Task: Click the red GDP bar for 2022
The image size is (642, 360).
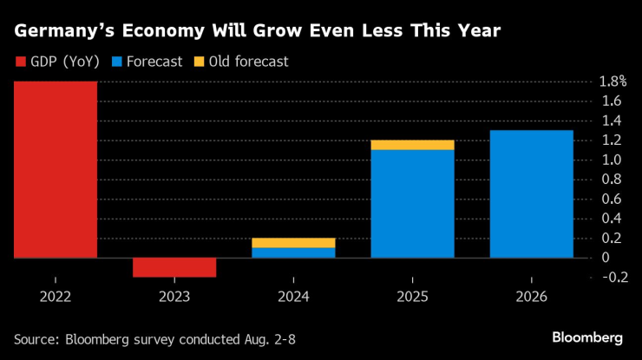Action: coord(55,169)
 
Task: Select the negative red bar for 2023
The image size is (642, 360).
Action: coord(174,267)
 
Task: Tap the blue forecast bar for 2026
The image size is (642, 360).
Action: coord(531,194)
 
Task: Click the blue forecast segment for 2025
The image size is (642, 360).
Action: coord(412,204)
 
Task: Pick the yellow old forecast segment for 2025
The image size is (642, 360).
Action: coord(412,145)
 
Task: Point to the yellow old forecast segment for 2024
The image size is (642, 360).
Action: coord(293,243)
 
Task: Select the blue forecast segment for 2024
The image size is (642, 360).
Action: coord(293,252)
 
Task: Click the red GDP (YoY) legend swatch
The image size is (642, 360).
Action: coord(20,62)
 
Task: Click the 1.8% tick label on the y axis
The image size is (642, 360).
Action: coord(613,82)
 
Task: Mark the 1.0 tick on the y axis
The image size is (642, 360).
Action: coord(610,160)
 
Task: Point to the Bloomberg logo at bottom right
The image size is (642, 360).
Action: coord(587,337)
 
